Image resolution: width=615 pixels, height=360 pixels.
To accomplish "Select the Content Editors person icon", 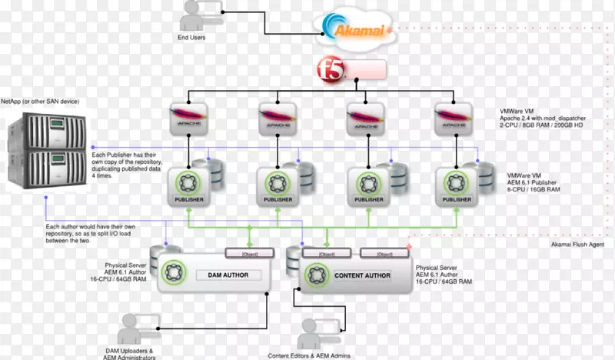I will click(x=315, y=332).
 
